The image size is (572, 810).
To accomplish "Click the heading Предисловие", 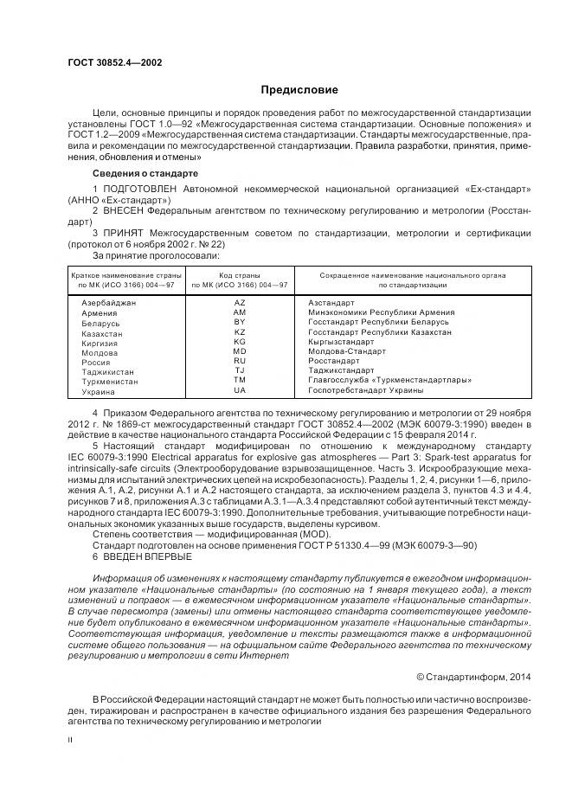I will [299, 90].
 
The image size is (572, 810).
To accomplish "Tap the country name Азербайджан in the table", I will [108, 303].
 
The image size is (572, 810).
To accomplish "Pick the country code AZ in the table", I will [240, 303].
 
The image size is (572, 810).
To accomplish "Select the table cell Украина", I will [98, 391].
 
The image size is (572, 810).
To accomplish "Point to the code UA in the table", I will [240, 391].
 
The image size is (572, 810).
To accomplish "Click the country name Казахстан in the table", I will [102, 332].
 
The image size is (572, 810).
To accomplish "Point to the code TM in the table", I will [240, 381].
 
